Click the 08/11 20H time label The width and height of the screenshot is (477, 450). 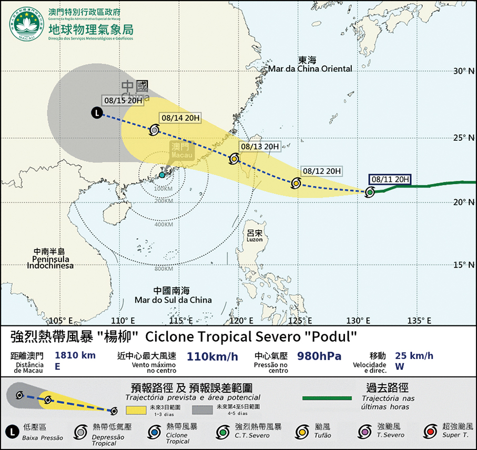(x=390, y=179)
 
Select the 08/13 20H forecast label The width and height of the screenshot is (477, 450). (x=259, y=146)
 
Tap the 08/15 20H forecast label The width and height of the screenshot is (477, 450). (x=123, y=101)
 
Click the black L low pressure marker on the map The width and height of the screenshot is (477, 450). (x=97, y=112)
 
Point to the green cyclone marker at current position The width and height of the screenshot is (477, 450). (x=370, y=192)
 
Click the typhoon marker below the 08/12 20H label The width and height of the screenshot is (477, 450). (x=296, y=183)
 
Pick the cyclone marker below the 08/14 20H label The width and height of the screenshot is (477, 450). (x=155, y=129)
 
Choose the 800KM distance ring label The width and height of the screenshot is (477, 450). (x=164, y=270)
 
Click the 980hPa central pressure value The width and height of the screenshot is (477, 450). (x=319, y=357)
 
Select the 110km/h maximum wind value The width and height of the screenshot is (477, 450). (x=212, y=357)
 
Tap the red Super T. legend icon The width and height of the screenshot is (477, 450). (x=431, y=431)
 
